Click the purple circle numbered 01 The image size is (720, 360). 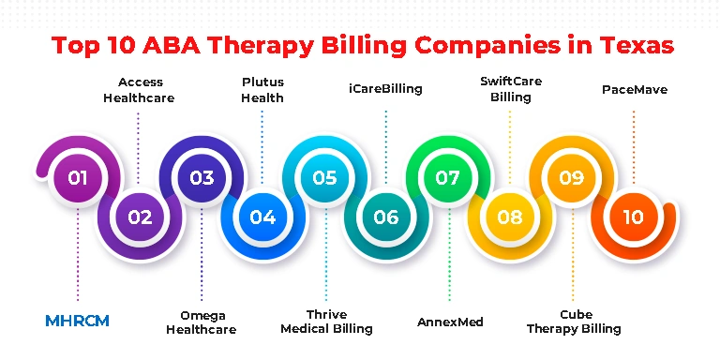[x=78, y=178]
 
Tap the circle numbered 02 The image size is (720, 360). [x=140, y=217]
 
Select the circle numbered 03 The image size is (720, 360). [x=202, y=178]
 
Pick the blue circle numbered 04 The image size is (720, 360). [x=262, y=217]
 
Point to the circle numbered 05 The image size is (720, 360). [x=324, y=178]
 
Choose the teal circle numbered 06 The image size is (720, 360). [x=386, y=217]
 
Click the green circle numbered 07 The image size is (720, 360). [x=448, y=178]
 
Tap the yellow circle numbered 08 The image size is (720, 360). [x=510, y=217]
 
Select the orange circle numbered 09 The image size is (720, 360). [x=572, y=178]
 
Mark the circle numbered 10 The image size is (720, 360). [x=633, y=217]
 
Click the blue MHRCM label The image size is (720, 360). [x=77, y=321]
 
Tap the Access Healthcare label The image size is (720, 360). [x=139, y=90]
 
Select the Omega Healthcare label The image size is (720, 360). [x=202, y=322]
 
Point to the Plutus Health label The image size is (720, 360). [x=262, y=90]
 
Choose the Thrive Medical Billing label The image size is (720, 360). [x=326, y=322]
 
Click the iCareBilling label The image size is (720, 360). [x=385, y=89]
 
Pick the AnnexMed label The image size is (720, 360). [x=450, y=322]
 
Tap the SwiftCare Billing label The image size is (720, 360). [x=511, y=89]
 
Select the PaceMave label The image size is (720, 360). [x=635, y=90]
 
